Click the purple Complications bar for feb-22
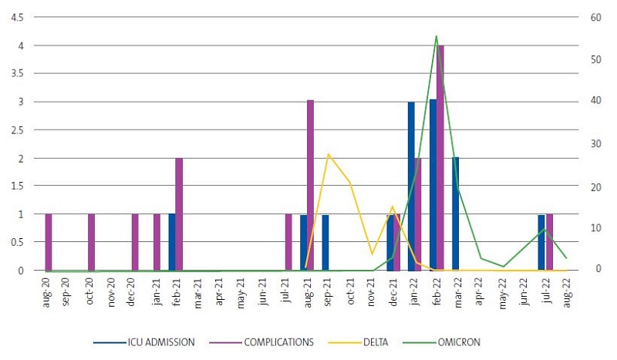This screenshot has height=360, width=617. click(x=440, y=158)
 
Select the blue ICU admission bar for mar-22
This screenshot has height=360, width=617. click(x=455, y=214)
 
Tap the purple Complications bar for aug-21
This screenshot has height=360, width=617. click(x=310, y=185)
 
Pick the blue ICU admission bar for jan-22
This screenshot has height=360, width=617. click(x=411, y=186)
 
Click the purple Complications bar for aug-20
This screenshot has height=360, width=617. click(x=48, y=242)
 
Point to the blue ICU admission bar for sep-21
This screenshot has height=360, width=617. click(x=325, y=242)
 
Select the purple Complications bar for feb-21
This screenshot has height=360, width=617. click(x=179, y=214)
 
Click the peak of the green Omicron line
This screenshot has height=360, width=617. click(x=437, y=35)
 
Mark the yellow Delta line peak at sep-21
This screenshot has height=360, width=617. click(x=329, y=154)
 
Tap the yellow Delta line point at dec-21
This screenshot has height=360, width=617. click(x=393, y=207)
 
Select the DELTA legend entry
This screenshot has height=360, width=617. click(x=379, y=341)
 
